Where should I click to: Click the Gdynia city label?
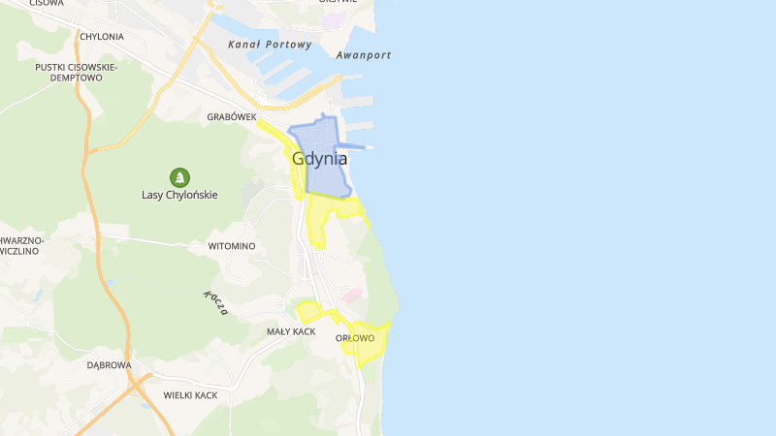tap(319, 160)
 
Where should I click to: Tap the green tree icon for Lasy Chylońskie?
tap(179, 177)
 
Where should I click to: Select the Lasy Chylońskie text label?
tap(179, 195)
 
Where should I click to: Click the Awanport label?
tap(364, 55)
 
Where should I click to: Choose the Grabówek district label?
tap(231, 117)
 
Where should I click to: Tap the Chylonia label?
tap(102, 37)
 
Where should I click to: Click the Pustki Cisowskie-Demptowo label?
tap(76, 72)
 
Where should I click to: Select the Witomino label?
tap(232, 246)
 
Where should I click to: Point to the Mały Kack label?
tap(292, 331)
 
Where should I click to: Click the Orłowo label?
tap(354, 338)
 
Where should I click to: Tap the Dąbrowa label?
tap(109, 365)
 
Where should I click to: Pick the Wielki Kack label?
tap(190, 395)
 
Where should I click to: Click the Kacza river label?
tap(216, 303)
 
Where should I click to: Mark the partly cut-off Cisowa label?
tap(46, 4)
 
